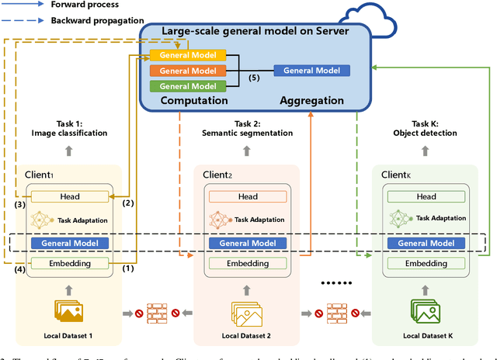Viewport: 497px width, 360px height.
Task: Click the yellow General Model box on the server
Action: click(188, 55)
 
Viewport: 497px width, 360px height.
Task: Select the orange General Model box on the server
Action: click(188, 71)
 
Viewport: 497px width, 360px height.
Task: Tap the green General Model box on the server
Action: click(188, 86)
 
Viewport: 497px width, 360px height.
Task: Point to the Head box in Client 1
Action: click(69, 197)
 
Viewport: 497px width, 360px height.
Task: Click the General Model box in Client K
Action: click(426, 243)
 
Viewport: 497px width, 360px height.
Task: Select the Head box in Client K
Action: click(426, 197)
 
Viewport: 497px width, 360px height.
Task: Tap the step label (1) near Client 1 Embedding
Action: click(128, 268)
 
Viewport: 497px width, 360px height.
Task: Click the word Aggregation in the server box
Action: click(312, 101)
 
